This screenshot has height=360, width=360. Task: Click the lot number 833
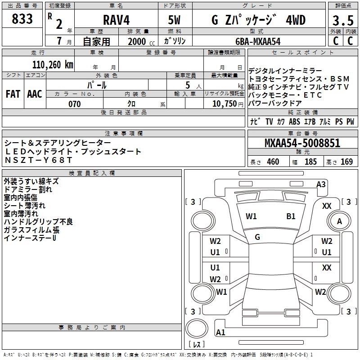coord(22,19)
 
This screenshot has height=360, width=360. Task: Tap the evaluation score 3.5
coord(343,21)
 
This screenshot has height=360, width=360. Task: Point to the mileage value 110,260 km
coord(53,64)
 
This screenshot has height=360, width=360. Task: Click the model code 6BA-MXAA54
coord(258,41)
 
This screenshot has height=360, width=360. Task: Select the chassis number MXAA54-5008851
coord(302,144)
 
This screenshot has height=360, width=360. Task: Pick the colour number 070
coord(74,104)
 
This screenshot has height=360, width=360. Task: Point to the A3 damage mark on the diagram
coord(321,184)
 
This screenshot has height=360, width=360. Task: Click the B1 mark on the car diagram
coord(291,216)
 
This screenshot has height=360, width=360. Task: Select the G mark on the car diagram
coord(257,237)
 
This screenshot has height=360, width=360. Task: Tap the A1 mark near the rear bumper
coord(220,333)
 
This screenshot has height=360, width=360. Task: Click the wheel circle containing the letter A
coord(339,221)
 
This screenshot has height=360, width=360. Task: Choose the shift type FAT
coord(13,94)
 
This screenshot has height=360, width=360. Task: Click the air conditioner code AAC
coord(34,94)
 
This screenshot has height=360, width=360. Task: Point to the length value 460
coord(273,162)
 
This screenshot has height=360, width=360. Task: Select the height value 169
coord(346,162)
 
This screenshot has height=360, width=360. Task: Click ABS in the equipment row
coord(294,121)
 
